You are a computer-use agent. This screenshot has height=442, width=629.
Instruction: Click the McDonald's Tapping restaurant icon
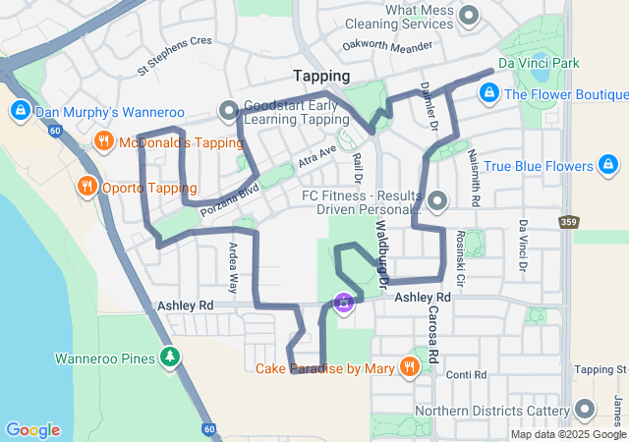103,142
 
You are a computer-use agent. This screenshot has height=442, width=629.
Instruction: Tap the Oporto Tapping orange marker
86,188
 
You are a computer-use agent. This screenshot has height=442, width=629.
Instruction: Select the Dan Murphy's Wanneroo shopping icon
19,112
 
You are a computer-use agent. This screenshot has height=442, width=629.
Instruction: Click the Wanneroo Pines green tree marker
172,358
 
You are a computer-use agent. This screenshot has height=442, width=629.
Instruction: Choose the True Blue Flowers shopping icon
609,166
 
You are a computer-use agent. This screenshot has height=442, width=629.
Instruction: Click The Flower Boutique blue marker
487,94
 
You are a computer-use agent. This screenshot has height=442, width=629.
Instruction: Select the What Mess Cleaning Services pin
469,16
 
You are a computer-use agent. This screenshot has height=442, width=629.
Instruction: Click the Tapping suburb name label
321,76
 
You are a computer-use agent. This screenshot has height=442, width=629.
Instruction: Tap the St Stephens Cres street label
175,56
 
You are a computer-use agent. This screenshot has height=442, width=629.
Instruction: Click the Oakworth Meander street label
387,45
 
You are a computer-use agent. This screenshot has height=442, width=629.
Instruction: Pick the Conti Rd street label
465,374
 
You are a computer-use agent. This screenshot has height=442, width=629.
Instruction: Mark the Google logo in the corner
32,430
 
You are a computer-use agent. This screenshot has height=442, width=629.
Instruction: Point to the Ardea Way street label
233,268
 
